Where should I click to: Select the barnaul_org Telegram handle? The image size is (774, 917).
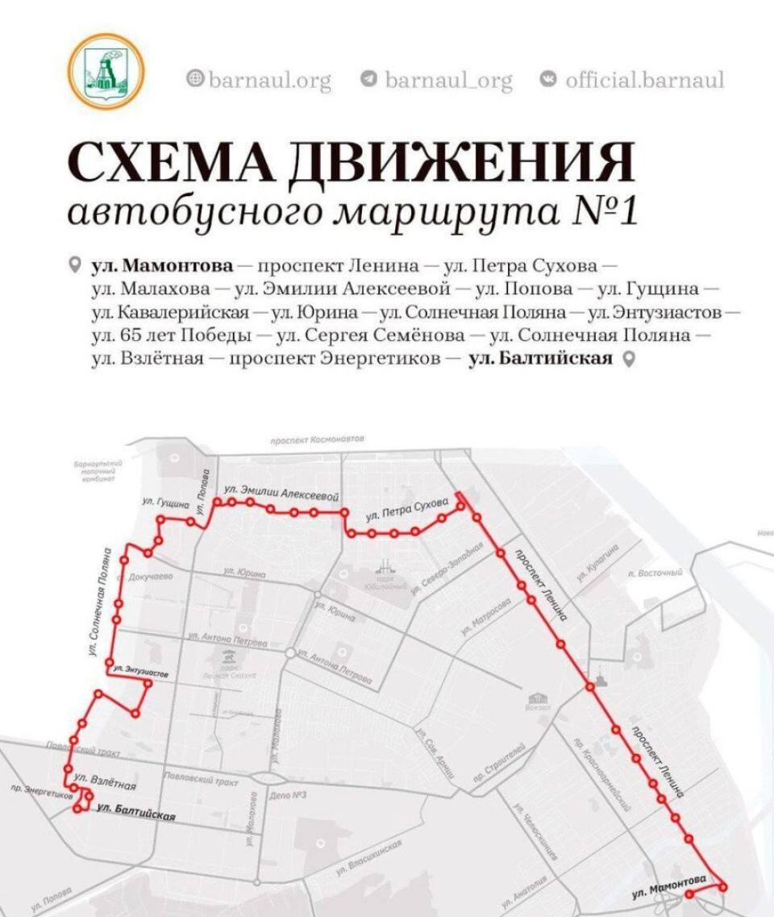[x=447, y=80]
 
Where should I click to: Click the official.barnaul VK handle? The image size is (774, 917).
[x=644, y=80]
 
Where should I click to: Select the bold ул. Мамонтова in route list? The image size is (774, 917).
[x=162, y=265]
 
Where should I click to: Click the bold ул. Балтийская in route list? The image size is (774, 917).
[x=540, y=359]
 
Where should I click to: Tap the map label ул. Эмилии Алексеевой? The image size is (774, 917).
[x=280, y=492]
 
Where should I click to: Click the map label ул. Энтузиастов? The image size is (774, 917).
[x=141, y=669]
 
